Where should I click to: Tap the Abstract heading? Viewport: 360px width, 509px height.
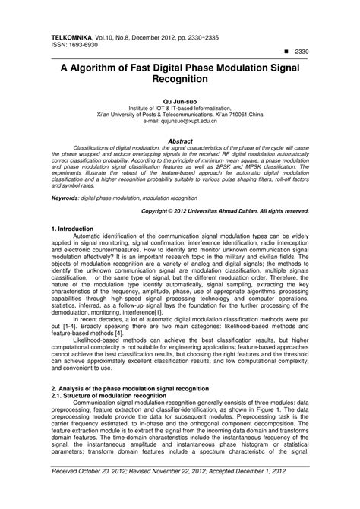pos(179,141)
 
